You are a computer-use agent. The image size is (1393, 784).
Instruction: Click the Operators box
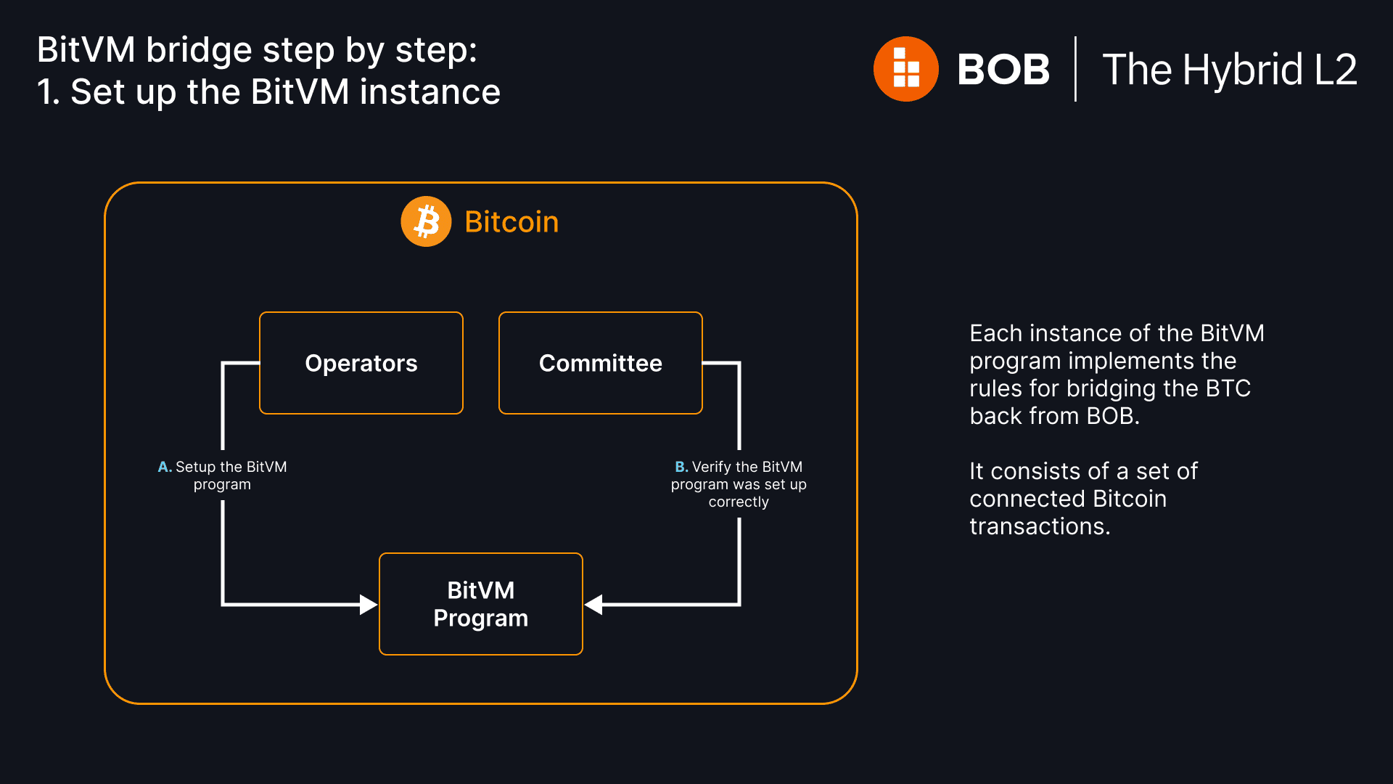tap(361, 363)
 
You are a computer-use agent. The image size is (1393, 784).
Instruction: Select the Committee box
tap(600, 363)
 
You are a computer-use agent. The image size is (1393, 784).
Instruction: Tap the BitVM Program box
tap(480, 604)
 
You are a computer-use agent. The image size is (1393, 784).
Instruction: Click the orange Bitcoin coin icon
tap(426, 221)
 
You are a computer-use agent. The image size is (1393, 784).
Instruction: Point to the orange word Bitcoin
tap(511, 222)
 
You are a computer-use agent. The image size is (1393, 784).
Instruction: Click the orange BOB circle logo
tap(905, 69)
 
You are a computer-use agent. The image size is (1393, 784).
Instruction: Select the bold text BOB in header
tap(1003, 70)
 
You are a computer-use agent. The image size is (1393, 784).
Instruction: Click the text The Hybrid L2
tap(1229, 70)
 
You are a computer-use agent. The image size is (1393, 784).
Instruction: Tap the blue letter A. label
tap(165, 467)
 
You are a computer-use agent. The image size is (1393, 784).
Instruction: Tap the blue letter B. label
tap(681, 467)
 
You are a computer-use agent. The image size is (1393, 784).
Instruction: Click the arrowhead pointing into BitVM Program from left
tap(369, 604)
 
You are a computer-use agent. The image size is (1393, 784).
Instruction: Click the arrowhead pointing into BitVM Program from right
tap(594, 604)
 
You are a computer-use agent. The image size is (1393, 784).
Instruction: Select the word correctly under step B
tap(739, 502)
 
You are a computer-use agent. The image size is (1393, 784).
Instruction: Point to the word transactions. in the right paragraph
tap(1040, 526)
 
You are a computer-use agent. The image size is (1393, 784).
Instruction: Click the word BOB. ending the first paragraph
tap(1112, 416)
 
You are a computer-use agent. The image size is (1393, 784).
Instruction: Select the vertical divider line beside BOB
tap(1075, 69)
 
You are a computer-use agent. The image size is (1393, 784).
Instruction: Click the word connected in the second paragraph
tap(1027, 499)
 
